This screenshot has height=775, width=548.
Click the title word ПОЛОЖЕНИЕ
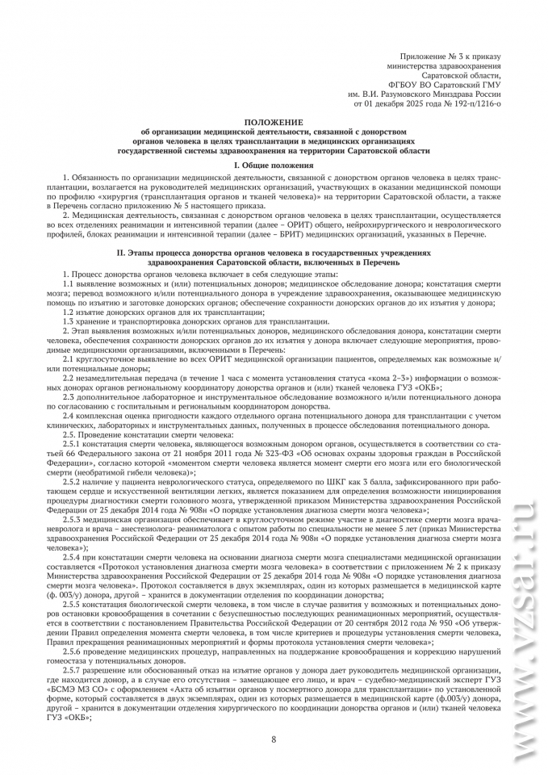click(274, 119)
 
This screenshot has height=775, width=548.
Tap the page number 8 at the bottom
click(274, 739)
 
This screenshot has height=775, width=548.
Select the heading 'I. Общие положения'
click(274, 165)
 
